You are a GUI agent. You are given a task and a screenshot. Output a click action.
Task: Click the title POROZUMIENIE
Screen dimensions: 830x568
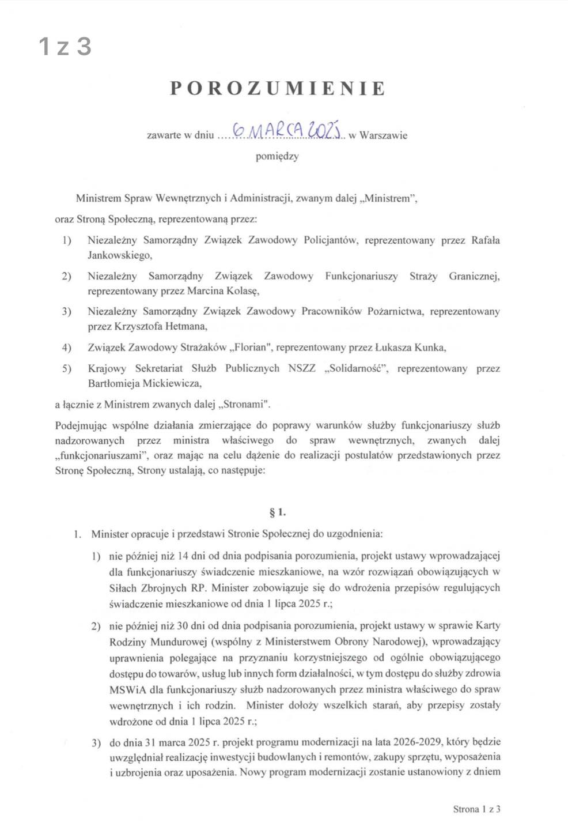point(278,88)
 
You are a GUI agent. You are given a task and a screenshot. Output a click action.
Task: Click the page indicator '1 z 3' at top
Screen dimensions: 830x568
point(65,46)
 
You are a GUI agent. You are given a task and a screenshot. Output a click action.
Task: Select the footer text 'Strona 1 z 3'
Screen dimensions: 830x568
point(476,809)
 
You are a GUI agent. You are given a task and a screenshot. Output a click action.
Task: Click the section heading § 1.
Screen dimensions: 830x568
point(278,512)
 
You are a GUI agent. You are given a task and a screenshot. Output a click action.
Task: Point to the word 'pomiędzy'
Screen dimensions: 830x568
point(277,156)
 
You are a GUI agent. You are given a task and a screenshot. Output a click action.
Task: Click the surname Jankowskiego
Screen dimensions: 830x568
point(120,255)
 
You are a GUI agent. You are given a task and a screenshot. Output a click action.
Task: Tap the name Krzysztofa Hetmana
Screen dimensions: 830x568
point(147,326)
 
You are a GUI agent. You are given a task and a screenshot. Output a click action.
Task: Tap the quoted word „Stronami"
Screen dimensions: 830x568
point(245,404)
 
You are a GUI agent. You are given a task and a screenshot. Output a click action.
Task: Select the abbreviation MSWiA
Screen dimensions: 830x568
point(124,689)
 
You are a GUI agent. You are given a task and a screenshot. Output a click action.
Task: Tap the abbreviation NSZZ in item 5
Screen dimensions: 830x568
point(302,368)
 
